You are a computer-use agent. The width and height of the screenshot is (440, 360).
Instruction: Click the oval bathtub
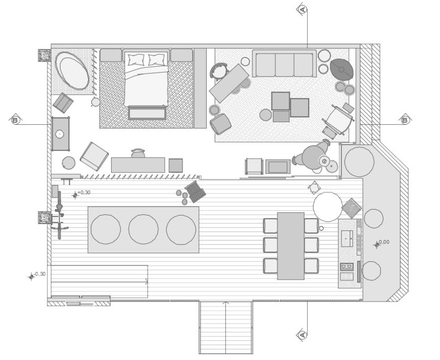pos(72,71)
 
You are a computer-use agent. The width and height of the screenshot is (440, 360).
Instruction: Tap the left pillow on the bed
pos(136,59)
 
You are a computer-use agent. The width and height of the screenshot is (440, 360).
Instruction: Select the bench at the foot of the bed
pos(147,113)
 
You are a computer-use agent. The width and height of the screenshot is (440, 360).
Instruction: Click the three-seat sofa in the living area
pos(284,63)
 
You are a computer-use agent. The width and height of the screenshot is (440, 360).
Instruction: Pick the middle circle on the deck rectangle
pos(143,229)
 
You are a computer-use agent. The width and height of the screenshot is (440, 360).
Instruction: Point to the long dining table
pos(291,246)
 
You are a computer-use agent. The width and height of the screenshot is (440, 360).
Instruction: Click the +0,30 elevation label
pos(84,193)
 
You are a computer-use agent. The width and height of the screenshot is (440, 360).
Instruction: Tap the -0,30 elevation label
pos(39,274)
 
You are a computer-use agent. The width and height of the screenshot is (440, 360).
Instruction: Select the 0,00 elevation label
pos(384,242)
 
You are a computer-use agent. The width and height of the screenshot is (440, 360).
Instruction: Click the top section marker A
pos(302,10)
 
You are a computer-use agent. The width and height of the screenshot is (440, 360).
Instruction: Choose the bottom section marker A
pos(302,335)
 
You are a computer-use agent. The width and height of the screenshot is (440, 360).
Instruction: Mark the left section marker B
pos(15,121)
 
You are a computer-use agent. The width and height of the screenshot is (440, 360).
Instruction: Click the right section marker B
pos(405,121)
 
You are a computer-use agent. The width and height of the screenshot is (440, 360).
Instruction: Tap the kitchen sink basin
pos(347,238)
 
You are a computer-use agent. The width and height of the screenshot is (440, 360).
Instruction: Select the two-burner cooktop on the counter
pos(346,266)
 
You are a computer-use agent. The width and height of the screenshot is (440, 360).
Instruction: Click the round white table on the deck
pos(328,207)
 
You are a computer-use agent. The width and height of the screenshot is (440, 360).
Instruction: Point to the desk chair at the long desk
pos(138,153)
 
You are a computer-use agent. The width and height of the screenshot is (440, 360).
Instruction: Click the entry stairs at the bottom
pos(226,327)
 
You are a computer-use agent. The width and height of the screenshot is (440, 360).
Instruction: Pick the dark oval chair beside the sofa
pos(342,69)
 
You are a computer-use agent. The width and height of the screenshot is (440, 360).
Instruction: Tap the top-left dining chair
pos(270,226)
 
